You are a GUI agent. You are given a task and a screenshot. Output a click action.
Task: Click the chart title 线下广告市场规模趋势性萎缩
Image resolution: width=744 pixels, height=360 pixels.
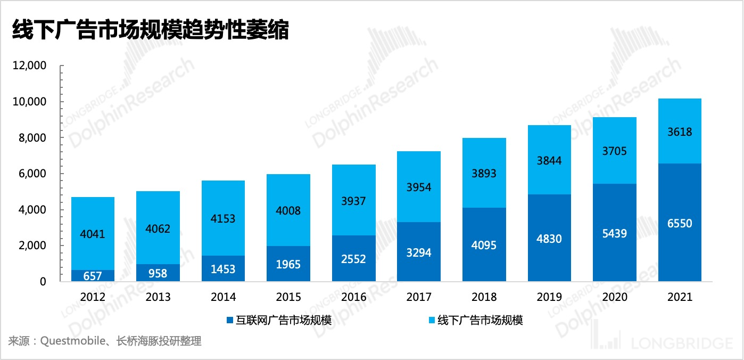click(x=151, y=30)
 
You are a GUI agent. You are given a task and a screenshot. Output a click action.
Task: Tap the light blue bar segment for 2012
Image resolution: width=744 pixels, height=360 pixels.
click(x=93, y=233)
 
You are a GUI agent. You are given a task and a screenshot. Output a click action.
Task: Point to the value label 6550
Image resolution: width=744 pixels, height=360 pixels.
click(x=680, y=224)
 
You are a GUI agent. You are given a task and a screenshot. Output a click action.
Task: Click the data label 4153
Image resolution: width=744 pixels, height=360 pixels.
click(x=223, y=219)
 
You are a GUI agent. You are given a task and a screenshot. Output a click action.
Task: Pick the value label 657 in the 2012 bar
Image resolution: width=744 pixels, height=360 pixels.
click(x=93, y=276)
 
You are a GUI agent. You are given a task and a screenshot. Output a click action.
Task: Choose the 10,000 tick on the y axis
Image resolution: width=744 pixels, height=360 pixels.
click(x=32, y=102)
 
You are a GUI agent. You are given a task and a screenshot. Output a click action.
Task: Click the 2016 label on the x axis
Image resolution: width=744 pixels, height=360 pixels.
click(x=353, y=297)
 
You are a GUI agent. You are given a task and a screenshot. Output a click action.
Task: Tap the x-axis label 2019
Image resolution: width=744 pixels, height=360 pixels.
click(x=549, y=297)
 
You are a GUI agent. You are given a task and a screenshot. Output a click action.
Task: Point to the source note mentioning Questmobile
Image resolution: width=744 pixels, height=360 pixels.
click(x=105, y=341)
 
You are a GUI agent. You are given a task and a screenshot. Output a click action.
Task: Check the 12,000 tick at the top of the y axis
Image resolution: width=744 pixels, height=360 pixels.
click(x=32, y=66)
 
